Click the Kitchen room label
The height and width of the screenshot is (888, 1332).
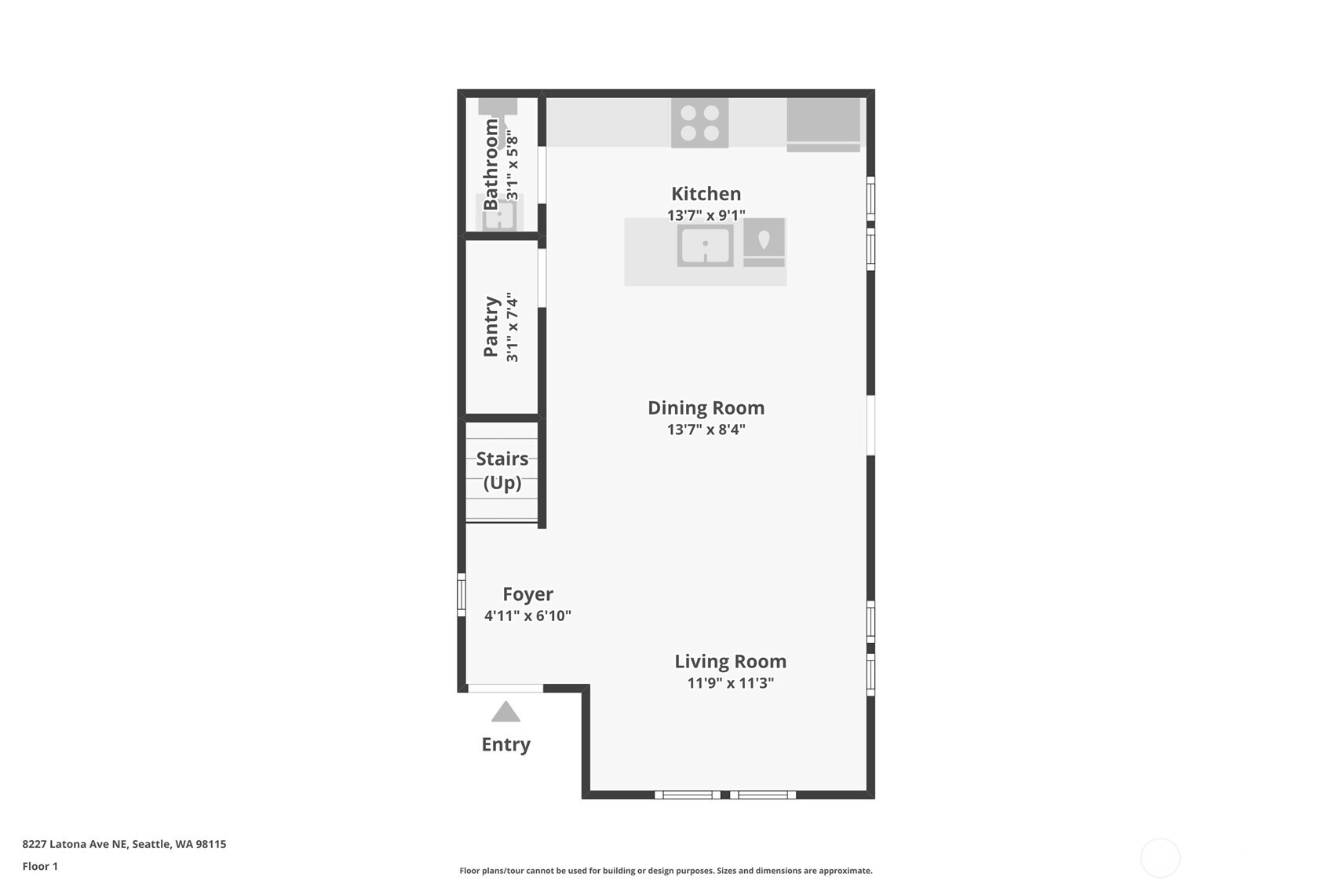point(706,194)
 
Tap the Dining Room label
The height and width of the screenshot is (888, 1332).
point(706,408)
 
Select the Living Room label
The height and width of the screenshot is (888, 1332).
point(730,661)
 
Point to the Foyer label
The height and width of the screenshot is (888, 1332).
point(528,594)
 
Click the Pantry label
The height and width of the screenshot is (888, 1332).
point(491,327)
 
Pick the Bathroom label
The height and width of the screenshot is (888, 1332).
point(491,164)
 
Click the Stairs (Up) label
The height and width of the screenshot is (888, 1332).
point(502,470)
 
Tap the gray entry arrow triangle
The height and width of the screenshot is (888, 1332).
point(505,712)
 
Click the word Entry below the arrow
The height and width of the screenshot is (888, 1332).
point(506,744)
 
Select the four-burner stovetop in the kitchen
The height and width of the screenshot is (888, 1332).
point(700,123)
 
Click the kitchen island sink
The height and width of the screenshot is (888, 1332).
point(706,245)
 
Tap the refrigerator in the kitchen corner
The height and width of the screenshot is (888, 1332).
point(823,125)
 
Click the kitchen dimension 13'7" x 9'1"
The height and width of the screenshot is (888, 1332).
point(706,215)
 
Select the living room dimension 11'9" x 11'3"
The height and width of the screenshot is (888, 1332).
point(730,683)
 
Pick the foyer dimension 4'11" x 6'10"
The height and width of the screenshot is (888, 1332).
point(528,616)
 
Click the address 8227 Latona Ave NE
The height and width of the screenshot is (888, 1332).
point(75,844)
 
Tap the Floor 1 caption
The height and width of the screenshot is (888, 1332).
point(41,867)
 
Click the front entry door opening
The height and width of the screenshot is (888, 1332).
point(505,689)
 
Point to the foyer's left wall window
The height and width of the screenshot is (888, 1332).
point(462,595)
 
